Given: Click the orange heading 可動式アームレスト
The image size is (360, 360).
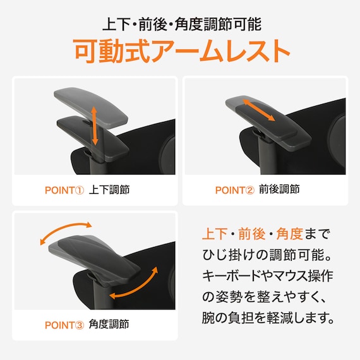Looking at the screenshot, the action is [x=182, y=51].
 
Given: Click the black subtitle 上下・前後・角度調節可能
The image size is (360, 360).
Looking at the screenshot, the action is [x=182, y=25].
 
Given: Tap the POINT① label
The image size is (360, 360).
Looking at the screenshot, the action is [x=64, y=190].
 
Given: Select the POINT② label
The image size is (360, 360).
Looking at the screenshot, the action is [x=235, y=190].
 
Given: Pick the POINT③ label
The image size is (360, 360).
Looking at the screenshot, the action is [x=64, y=325].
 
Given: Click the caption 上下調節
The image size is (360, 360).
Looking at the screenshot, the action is [x=109, y=190].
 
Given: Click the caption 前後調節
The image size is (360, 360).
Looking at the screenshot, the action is [x=279, y=189].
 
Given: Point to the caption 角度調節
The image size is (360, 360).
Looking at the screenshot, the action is [x=109, y=325].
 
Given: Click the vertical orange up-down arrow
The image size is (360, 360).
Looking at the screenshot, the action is [x=94, y=126].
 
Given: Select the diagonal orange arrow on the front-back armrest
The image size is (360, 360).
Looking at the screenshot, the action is [x=259, y=110].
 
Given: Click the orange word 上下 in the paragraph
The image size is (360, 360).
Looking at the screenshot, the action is [x=215, y=234].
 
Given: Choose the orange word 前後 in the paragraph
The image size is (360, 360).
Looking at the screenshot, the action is [x=251, y=234].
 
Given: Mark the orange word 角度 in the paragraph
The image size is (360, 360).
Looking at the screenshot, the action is [x=290, y=234].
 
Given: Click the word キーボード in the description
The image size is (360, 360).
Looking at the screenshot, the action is [x=231, y=276].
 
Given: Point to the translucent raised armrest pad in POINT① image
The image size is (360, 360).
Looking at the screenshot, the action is [x=91, y=107].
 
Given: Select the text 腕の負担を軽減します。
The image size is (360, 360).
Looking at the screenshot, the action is [x=268, y=318].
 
